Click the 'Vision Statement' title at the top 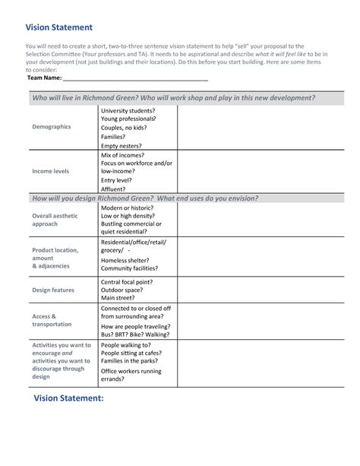[x=59, y=27]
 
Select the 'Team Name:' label [x=44, y=78]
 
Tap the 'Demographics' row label [x=52, y=127]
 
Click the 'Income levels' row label [x=50, y=172]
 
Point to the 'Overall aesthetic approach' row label [x=55, y=220]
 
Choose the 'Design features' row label [x=53, y=290]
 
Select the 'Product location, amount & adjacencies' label [x=55, y=258]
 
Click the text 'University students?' [x=128, y=110]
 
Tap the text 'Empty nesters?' [x=122, y=145]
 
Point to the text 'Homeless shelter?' [x=127, y=259]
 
